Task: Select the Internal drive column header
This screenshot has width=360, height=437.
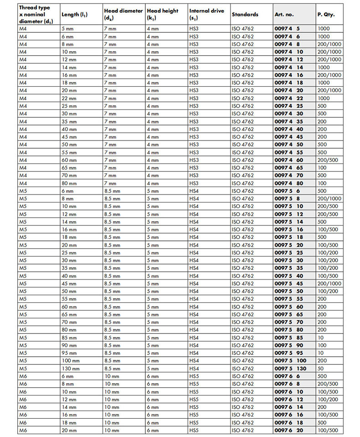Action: pos(207,14)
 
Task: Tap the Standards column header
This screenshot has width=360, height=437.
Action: pos(245,15)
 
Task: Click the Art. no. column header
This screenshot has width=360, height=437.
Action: pos(284,15)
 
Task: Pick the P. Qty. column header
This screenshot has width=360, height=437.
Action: pos(326,15)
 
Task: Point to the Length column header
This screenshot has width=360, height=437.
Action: pos(74,15)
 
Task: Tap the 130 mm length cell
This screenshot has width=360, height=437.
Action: pos(71,369)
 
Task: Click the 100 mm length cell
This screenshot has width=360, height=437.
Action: pos(71,361)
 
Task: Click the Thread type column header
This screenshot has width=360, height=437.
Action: pos(35,14)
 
